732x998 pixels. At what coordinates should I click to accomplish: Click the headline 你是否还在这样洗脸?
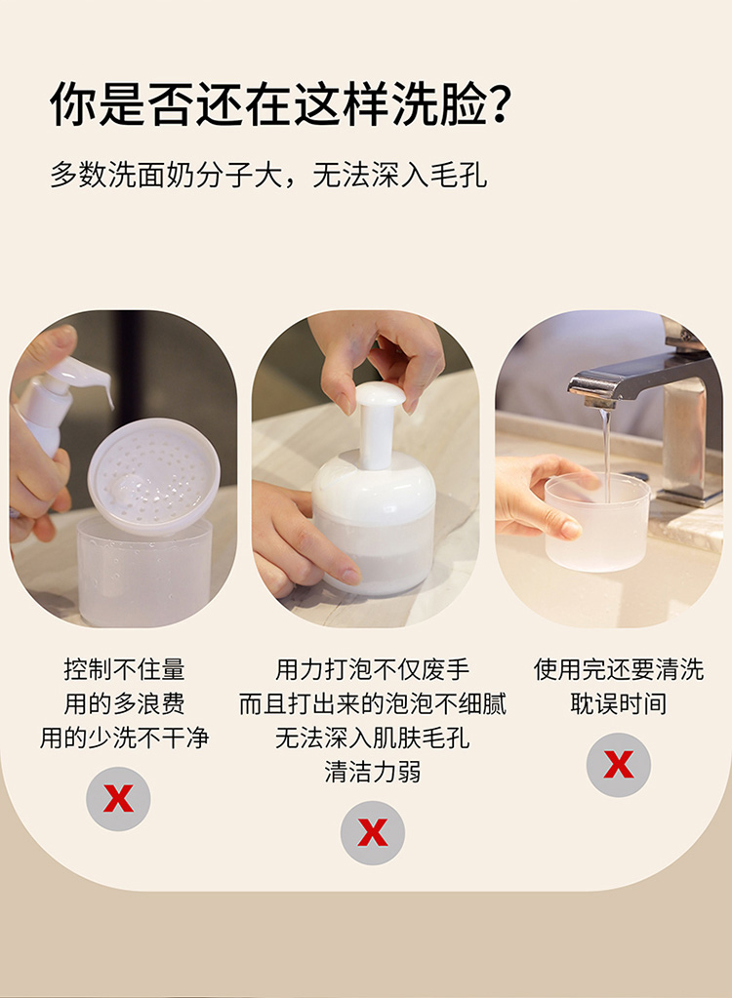[281, 103]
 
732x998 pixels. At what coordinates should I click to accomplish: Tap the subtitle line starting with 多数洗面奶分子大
[268, 175]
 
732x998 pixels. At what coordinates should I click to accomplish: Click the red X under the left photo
[118, 798]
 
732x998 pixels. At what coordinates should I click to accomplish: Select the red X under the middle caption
[373, 832]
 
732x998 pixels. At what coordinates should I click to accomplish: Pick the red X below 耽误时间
[619, 765]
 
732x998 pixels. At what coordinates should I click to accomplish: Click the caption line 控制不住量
[124, 669]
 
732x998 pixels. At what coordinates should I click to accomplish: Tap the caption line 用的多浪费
[124, 704]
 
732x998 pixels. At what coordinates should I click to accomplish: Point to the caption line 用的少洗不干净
[124, 738]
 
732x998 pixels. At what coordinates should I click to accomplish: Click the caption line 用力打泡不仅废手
[373, 669]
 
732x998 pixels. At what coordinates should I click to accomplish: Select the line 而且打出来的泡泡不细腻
[373, 704]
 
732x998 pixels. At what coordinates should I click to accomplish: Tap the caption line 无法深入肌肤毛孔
[373, 738]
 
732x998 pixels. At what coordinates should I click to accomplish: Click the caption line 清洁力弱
[373, 772]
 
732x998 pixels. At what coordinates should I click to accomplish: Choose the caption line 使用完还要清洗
[619, 669]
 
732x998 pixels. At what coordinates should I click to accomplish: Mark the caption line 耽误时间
[619, 704]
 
